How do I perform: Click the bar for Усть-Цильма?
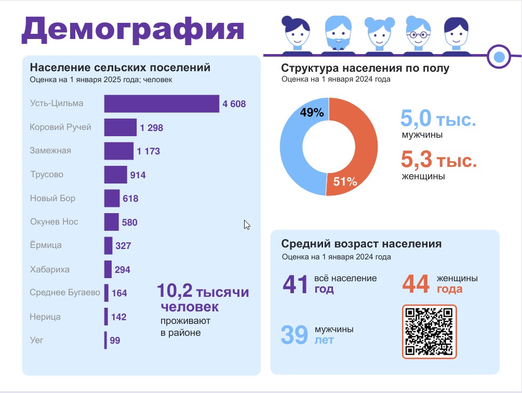(x=162, y=103)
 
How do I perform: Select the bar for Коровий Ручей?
(x=120, y=127)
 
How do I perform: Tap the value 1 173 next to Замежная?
(x=148, y=152)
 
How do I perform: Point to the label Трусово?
(x=47, y=175)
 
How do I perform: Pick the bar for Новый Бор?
(x=112, y=199)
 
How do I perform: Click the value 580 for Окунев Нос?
(x=129, y=222)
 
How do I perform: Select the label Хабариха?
(x=50, y=270)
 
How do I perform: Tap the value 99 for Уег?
(x=115, y=341)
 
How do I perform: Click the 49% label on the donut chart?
(x=312, y=113)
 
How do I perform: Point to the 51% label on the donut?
(x=345, y=181)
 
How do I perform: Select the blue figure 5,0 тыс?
(x=438, y=119)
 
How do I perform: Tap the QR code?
(x=429, y=332)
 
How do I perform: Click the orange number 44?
(x=416, y=284)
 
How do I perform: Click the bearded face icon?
(x=338, y=34)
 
